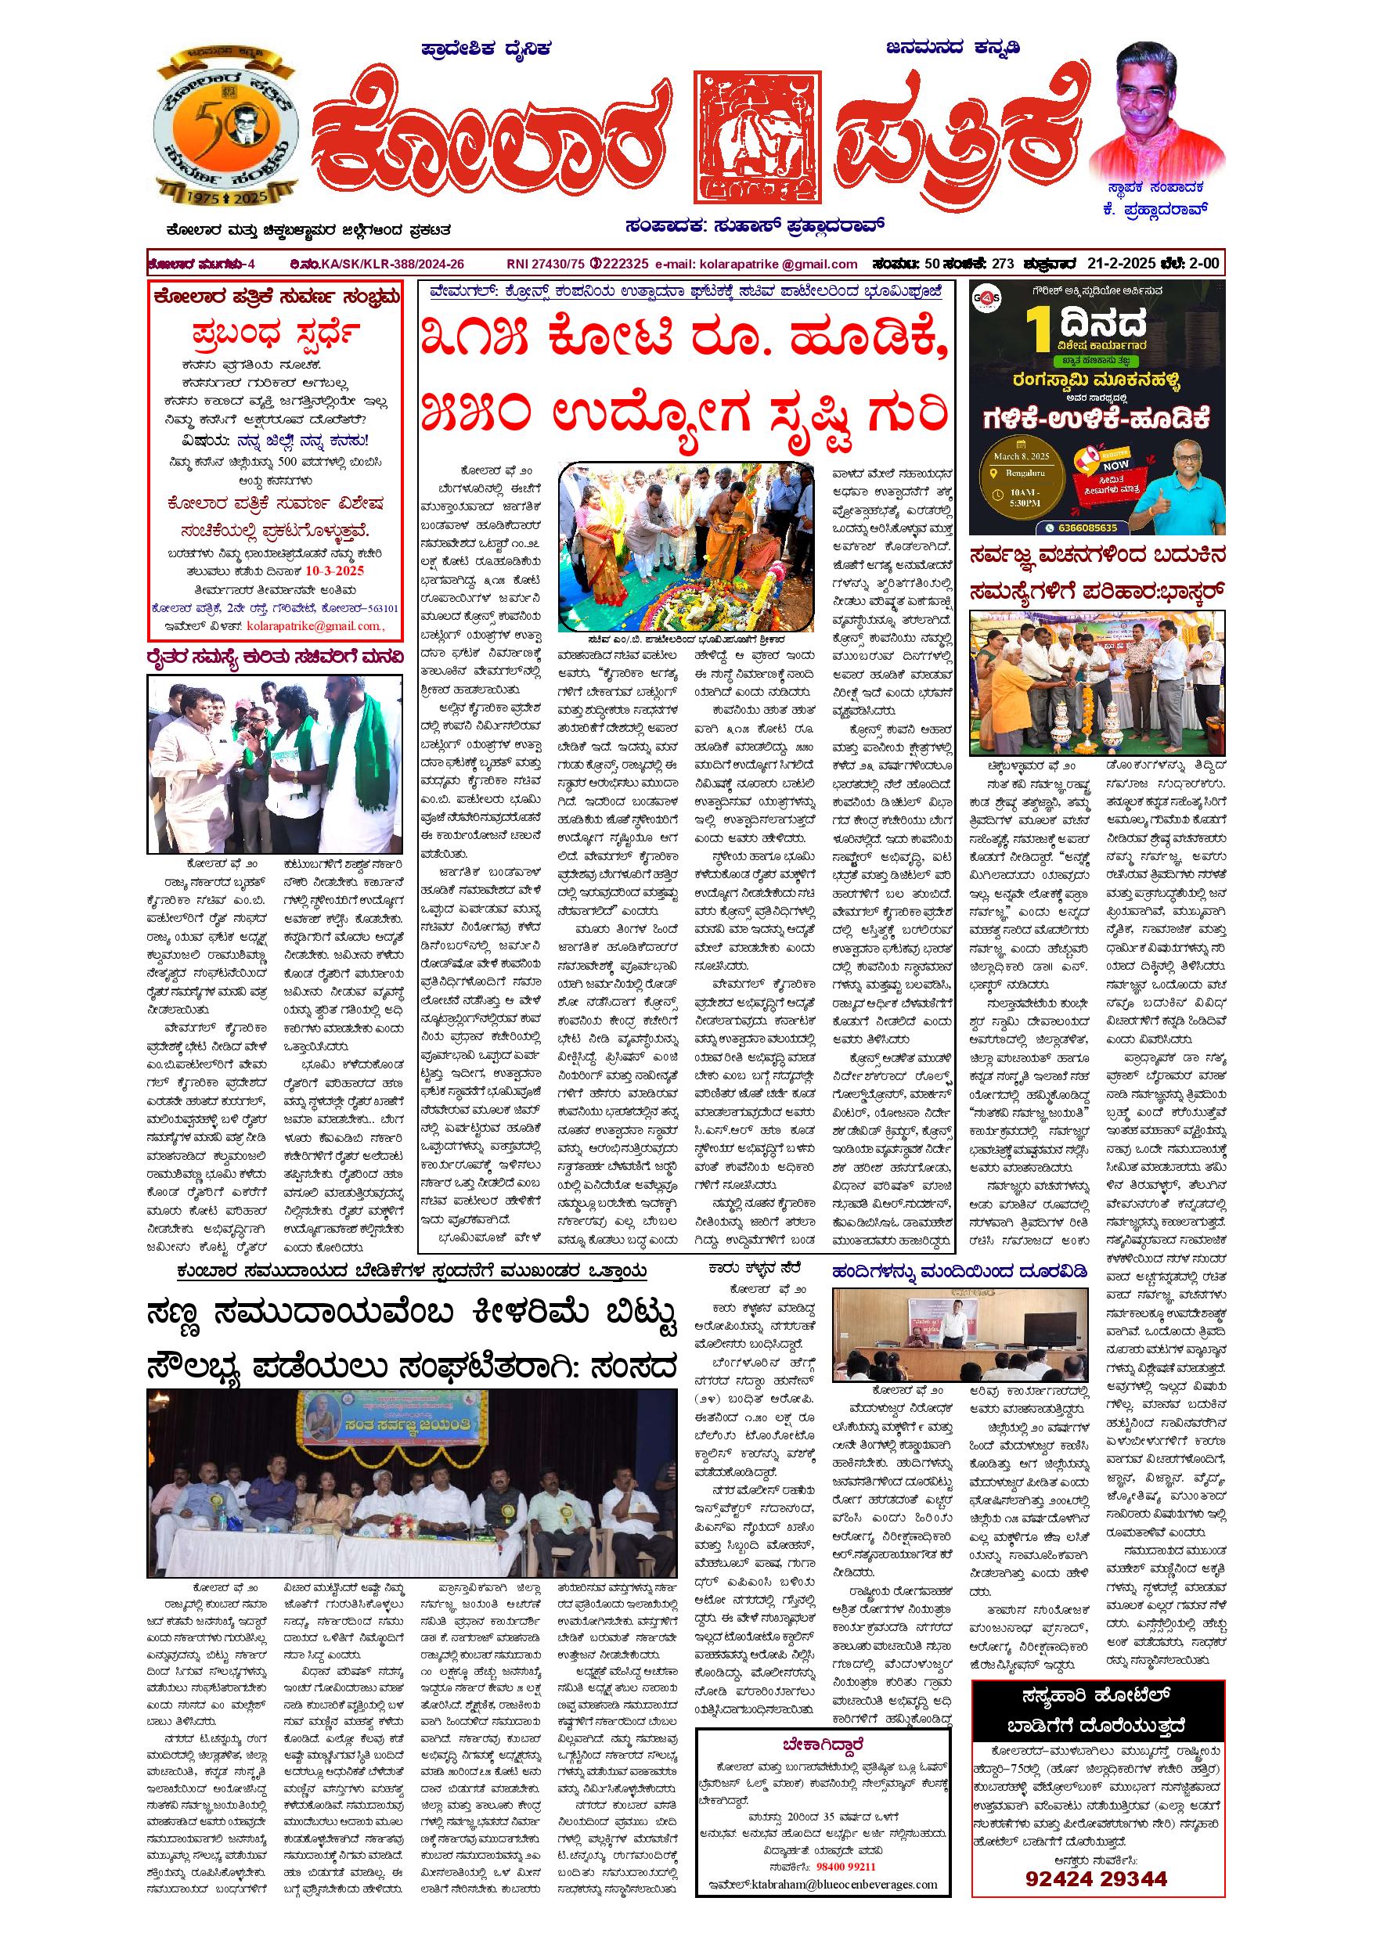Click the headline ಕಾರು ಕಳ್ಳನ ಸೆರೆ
(x=750, y=1267)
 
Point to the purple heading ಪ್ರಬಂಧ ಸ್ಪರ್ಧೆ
(x=276, y=336)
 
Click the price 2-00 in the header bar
(x=1201, y=263)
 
